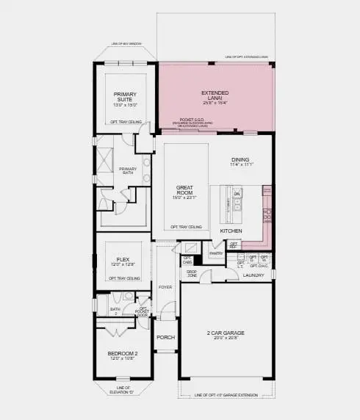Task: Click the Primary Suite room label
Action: (x=126, y=98)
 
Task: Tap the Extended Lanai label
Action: (x=215, y=95)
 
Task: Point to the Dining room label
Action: (x=240, y=159)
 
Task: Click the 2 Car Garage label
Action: (x=225, y=333)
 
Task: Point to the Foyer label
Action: (x=165, y=286)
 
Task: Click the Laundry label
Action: (x=253, y=276)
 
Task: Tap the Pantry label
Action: (x=215, y=253)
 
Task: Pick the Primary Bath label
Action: (x=128, y=171)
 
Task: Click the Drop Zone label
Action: (x=192, y=273)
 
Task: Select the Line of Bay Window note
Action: (x=125, y=43)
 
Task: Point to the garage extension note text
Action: (x=226, y=395)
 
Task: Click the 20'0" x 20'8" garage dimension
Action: (x=225, y=338)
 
